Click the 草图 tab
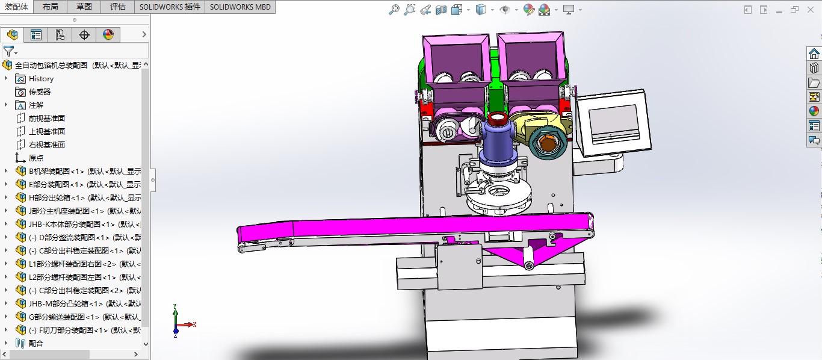tap(84, 7)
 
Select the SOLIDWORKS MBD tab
tap(240, 7)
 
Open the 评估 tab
tap(118, 7)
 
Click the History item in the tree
tap(41, 78)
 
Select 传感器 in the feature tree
tap(40, 92)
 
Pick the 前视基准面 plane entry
tap(46, 118)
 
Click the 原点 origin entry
tap(36, 158)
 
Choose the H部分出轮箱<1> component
tap(57, 197)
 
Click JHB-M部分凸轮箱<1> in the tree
tap(66, 303)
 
